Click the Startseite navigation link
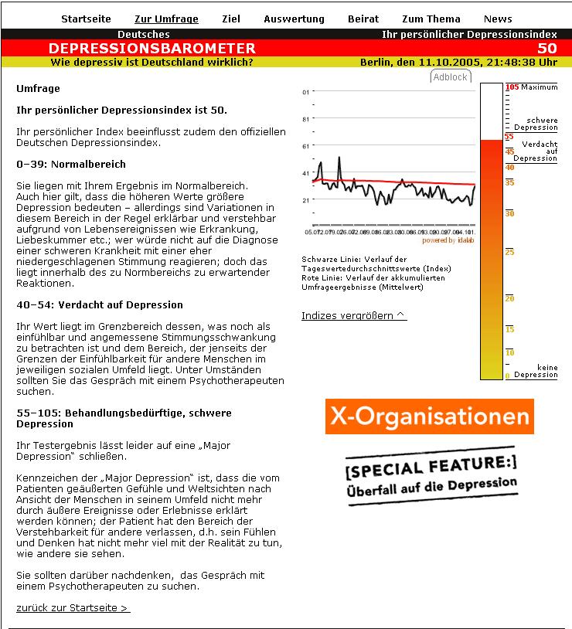[x=86, y=19]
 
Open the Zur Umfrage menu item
[x=166, y=19]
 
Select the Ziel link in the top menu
[x=230, y=19]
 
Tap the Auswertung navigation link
[x=294, y=19]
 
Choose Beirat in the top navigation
[x=363, y=19]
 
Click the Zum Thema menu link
[x=431, y=19]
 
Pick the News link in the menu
[x=498, y=19]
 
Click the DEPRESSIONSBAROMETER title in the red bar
[x=152, y=49]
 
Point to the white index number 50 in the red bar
[x=546, y=49]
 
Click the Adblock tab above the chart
[x=450, y=77]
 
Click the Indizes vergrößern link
[x=353, y=315]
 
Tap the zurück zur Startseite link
[x=73, y=608]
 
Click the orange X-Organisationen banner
[x=429, y=416]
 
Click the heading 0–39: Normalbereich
[x=71, y=165]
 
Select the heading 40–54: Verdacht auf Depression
[x=100, y=305]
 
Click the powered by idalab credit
[x=448, y=240]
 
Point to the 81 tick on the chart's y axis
[x=306, y=119]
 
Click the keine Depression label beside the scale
[x=536, y=371]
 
